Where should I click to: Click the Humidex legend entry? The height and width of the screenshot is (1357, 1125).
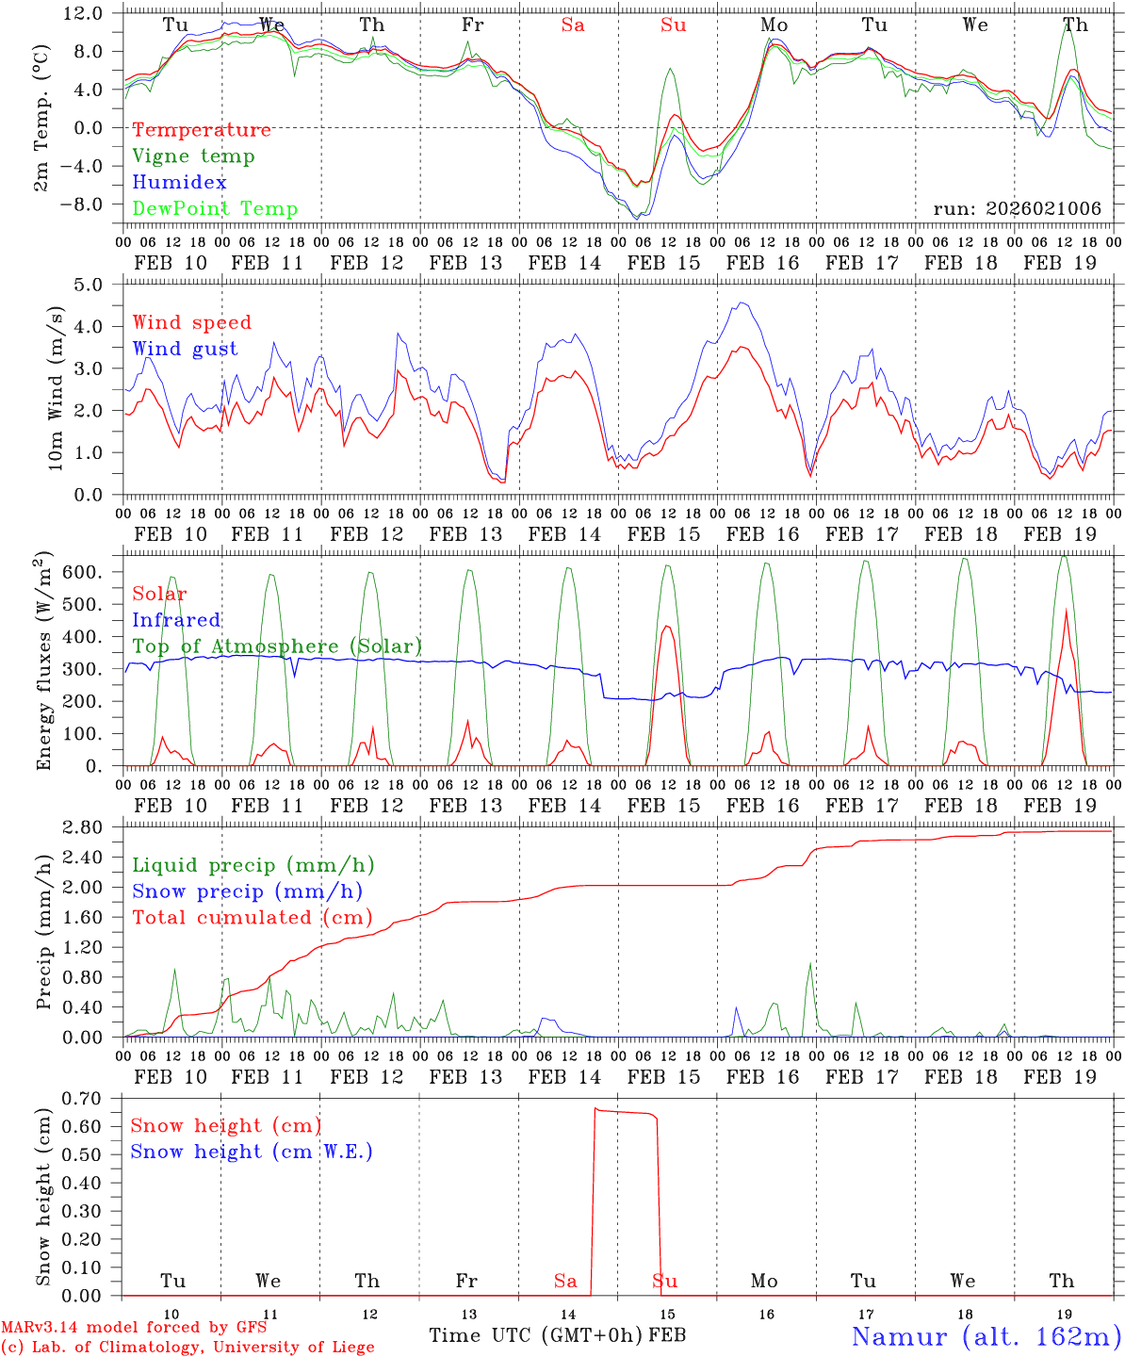179,183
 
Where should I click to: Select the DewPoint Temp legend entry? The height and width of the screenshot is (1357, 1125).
215,209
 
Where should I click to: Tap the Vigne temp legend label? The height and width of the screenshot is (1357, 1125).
193,156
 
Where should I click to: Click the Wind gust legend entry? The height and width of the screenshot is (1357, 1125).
185,349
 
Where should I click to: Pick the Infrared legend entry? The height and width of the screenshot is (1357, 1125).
176,620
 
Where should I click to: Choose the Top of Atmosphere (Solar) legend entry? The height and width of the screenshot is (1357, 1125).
276,646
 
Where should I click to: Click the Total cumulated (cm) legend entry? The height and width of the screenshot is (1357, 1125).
252,918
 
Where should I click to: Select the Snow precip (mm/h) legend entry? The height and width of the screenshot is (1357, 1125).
247,891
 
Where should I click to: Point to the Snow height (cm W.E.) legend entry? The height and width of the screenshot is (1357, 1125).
251,1152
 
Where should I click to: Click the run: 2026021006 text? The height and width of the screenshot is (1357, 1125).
1017,209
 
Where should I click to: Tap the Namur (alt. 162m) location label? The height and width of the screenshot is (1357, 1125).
986,1336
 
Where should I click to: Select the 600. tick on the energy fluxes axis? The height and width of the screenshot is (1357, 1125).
83,572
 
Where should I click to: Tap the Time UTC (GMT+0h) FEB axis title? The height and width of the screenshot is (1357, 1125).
557,1335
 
